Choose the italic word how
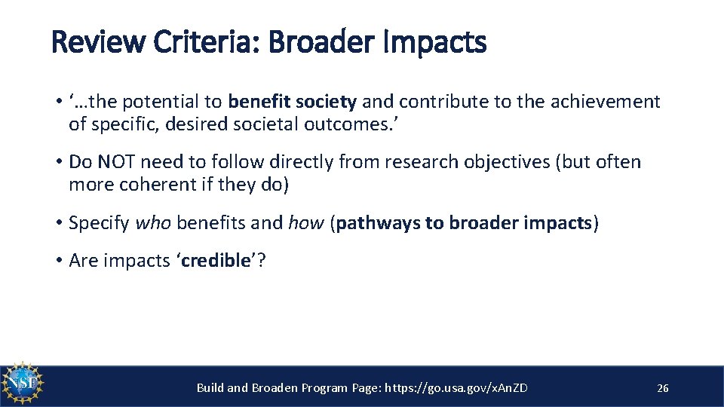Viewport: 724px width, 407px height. [x=306, y=222]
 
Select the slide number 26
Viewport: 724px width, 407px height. [x=663, y=388]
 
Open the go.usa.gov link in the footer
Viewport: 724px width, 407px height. [x=456, y=388]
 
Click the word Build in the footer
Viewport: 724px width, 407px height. [x=210, y=388]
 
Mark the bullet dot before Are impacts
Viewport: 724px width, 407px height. [x=58, y=261]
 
